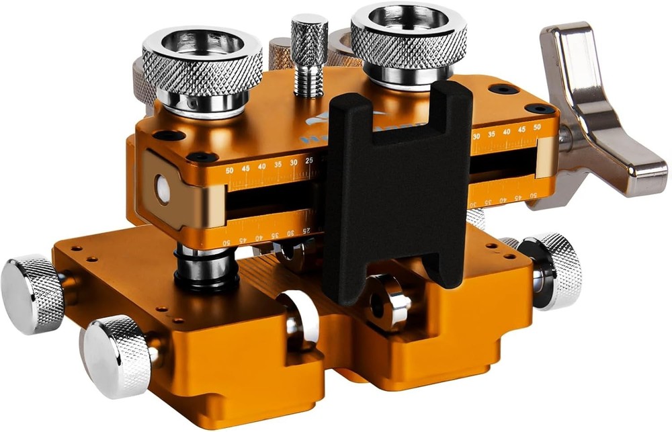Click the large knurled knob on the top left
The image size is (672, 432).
(202, 64)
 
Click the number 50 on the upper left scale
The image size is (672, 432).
(230, 171)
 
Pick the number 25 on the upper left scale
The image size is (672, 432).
(310, 160)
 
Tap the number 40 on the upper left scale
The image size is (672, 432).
(261, 166)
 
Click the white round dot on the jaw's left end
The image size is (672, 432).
(161, 190)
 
